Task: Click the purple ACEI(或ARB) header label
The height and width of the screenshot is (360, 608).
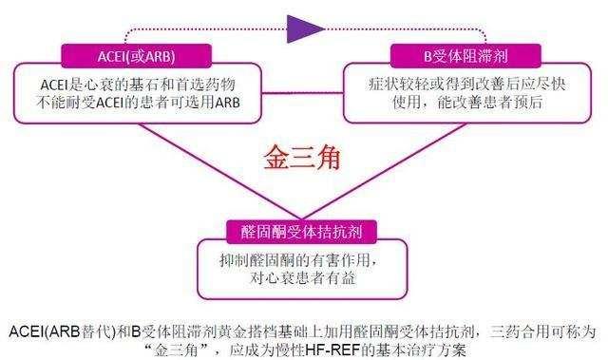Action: tap(131, 53)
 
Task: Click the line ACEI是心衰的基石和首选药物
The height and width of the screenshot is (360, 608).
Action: tap(131, 80)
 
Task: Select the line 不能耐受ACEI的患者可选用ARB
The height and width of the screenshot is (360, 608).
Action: tap(131, 100)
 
